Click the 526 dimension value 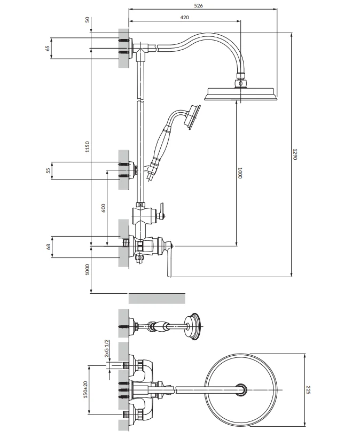coord(198,5)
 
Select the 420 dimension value coord(184,17)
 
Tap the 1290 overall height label coord(295,154)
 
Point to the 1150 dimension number coord(87,147)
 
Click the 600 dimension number coord(103,208)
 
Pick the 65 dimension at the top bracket coord(48,48)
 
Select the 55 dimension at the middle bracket coord(48,170)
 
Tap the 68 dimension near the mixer coord(48,247)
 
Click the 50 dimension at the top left coord(88,20)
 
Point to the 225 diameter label coord(308,390)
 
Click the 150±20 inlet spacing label coord(85,389)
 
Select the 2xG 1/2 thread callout coord(106,348)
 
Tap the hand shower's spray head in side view coord(192,117)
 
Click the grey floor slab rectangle coord(156,299)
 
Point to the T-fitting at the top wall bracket coord(141,51)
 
